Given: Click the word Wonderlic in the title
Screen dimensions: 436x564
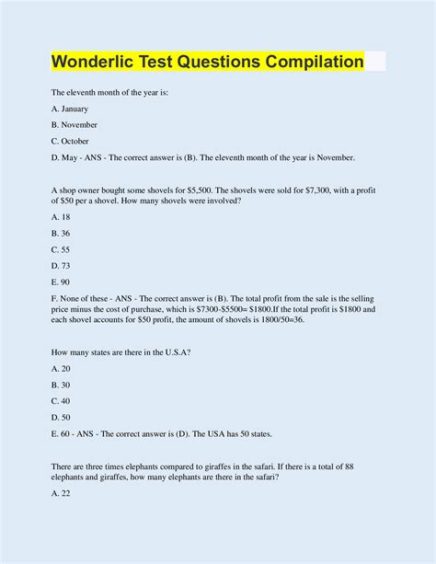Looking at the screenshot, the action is [98, 63].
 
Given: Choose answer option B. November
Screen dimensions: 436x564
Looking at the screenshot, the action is [75, 124].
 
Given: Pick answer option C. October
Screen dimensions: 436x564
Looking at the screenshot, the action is [72, 141].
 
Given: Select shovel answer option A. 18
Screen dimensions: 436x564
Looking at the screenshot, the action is [62, 216].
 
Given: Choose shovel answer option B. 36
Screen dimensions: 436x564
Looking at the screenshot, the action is [62, 233].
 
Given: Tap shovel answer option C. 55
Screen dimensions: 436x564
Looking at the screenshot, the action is [62, 249].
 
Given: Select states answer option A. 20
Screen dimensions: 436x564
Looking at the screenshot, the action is [62, 368].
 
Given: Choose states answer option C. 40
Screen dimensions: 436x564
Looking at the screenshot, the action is [62, 401].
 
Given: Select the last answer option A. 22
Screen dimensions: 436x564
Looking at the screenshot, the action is [62, 494].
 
